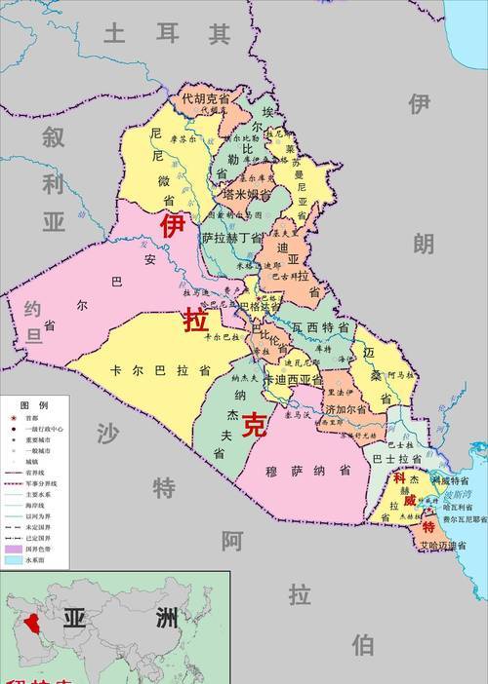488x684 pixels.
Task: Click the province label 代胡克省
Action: coord(206,97)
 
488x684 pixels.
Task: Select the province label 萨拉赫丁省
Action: coord(232,238)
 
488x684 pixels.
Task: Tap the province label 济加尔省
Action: coord(346,410)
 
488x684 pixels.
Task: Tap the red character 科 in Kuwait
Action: coord(398,478)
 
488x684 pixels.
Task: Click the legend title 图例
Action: coord(35,403)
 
